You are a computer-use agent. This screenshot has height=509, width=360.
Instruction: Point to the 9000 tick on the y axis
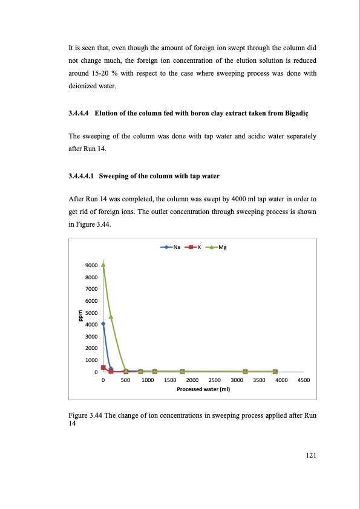pos(91,265)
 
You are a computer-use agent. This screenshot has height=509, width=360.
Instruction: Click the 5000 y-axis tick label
pos(91,313)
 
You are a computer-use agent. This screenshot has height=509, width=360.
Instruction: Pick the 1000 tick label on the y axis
pos(91,360)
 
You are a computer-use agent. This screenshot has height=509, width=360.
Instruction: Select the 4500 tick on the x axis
pos(304,380)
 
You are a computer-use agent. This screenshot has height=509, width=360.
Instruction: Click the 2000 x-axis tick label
pos(193,380)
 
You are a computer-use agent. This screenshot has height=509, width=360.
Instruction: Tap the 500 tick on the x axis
pos(125,380)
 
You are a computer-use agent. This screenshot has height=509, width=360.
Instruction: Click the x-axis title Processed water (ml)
pos(203,390)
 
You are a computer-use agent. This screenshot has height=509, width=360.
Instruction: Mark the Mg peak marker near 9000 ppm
pos(103,264)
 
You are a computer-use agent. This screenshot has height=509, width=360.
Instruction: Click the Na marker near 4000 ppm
pos(103,323)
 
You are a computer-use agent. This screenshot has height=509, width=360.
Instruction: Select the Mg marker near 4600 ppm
pos(111,317)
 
